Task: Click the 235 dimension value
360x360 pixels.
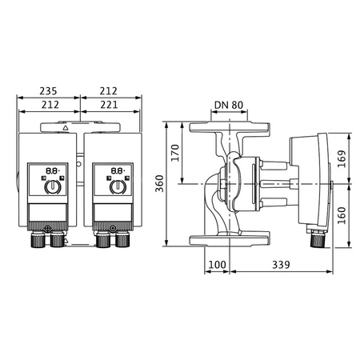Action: point(49,90)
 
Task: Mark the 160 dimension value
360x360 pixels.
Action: point(341,214)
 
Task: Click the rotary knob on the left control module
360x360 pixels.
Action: point(51,188)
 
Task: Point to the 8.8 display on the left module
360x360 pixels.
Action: point(50,170)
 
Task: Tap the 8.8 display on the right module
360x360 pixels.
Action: point(116,170)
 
